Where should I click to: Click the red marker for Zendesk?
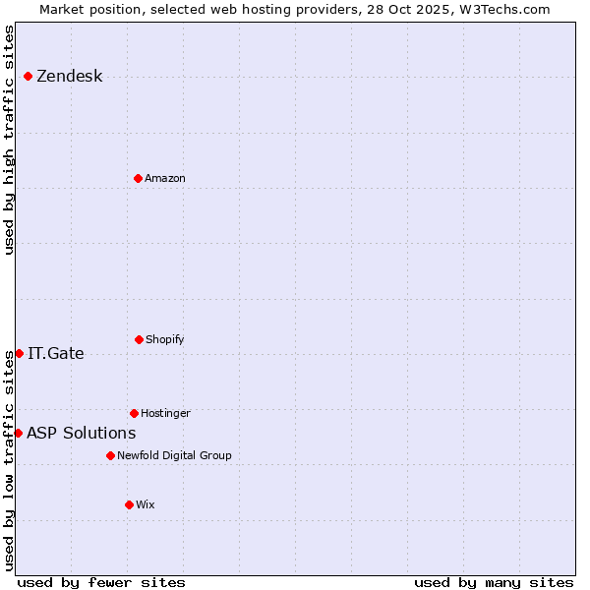coord(28,76)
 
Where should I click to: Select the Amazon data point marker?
coord(138,178)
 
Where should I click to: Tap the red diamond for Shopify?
coord(139,339)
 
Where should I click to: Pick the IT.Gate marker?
coord(19,353)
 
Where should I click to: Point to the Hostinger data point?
coord(134,413)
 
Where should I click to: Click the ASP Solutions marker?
coord(18,433)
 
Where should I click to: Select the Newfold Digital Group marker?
coord(110,455)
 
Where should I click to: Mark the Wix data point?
coord(129,504)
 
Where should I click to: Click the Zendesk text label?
coord(69,77)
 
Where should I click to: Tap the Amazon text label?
coord(165,178)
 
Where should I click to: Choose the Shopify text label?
coord(165,339)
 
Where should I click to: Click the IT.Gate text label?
coord(56,354)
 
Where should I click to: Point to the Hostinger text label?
coord(165,413)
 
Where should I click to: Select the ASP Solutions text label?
coord(82,434)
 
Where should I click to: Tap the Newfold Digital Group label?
coord(174,455)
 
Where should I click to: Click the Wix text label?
coord(146,504)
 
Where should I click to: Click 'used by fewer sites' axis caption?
coord(101,582)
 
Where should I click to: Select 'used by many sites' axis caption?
coord(494,582)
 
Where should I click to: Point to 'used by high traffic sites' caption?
coord(9,140)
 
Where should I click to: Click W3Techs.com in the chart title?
coord(501,9)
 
